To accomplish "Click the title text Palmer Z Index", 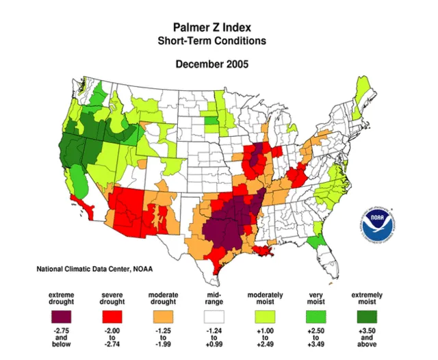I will pyautogui.click(x=211, y=27).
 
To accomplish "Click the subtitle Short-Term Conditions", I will pyautogui.click(x=211, y=40).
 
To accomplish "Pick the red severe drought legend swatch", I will pyautogui.click(x=114, y=316).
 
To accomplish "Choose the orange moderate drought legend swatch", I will pyautogui.click(x=163, y=316).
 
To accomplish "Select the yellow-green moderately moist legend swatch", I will pyautogui.click(x=264, y=316).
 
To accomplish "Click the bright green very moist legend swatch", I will pyautogui.click(x=316, y=316).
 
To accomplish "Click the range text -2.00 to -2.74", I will pyautogui.click(x=114, y=339).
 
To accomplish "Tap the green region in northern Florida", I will pyautogui.click(x=315, y=241).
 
